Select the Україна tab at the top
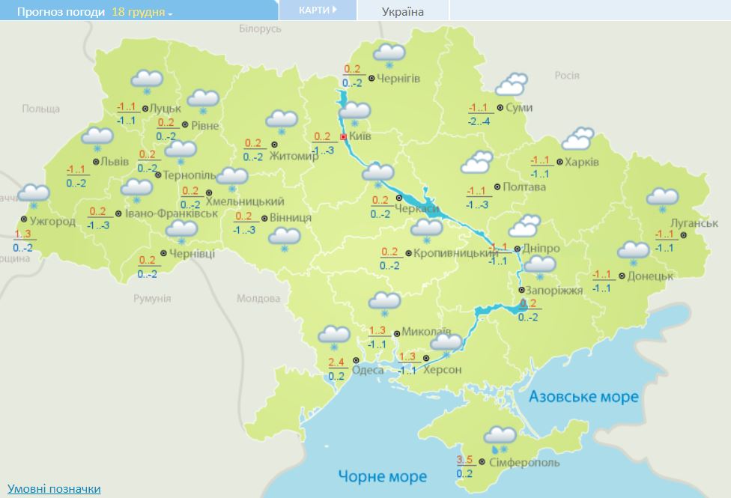[402, 11]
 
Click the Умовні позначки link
[53, 488]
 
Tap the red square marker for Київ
[344, 138]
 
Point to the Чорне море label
[382, 476]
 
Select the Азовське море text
[583, 396]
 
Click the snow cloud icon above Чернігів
[389, 54]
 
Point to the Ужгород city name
[53, 222]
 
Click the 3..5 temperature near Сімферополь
[464, 460]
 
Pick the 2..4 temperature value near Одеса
[336, 362]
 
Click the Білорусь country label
[260, 28]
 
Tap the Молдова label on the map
[258, 298]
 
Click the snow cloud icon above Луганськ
[662, 198]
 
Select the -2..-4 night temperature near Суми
[479, 121]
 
